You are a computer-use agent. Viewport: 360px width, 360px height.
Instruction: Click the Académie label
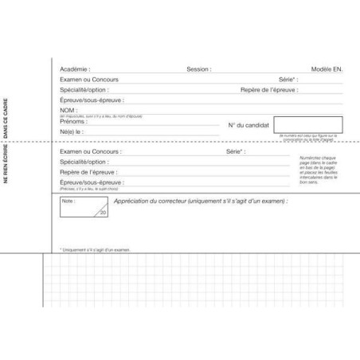(x=75, y=69)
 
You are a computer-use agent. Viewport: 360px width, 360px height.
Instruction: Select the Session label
(x=199, y=69)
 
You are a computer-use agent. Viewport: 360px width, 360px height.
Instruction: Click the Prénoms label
(x=73, y=121)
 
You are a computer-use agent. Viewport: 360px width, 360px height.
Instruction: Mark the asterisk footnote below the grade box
(x=95, y=249)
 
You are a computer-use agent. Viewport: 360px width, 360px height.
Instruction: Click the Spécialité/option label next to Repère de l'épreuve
(x=83, y=90)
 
